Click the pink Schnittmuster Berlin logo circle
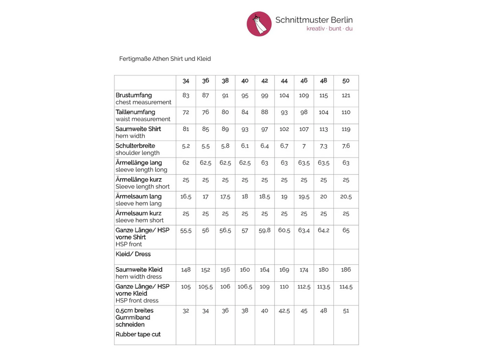pos(259,23)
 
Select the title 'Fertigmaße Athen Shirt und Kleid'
pos(165,59)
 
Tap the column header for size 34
pos(186,81)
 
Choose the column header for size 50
pos(346,81)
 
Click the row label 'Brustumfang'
pos(134,95)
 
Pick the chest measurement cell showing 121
pos(346,96)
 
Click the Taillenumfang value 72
pos(186,112)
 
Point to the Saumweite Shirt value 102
pos(284,129)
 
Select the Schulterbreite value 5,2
pos(186,146)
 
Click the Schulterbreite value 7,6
pos(346,146)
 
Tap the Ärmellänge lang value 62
pos(186,163)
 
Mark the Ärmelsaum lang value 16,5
pos(186,197)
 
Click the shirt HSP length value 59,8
pos(264,231)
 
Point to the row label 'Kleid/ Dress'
pos(133,254)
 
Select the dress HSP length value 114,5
pos(346,287)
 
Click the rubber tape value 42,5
pos(284,311)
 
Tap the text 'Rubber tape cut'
pos(138,335)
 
